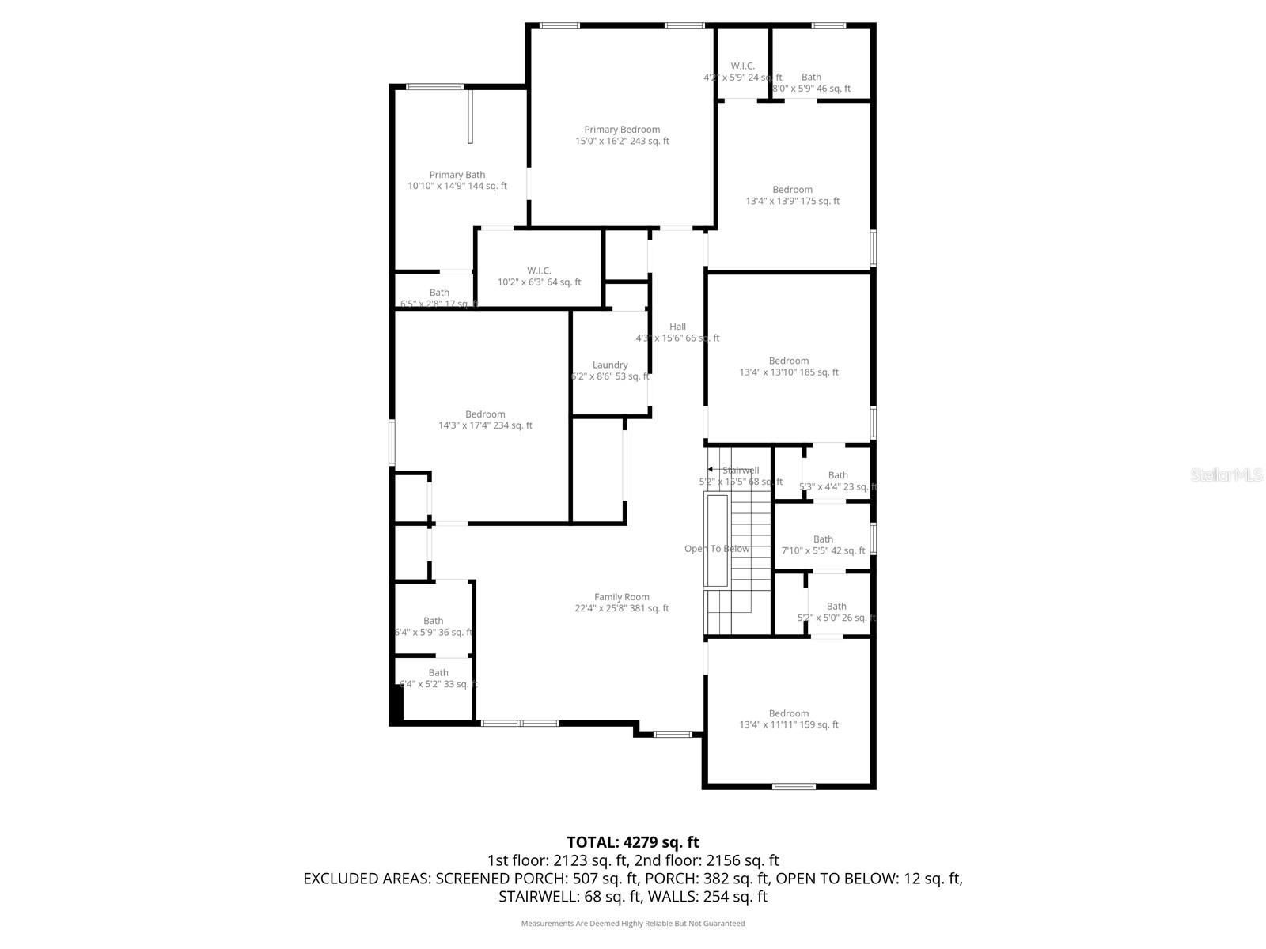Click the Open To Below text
tap(717, 549)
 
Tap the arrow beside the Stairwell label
tap(711, 470)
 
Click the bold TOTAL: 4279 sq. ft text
tap(633, 842)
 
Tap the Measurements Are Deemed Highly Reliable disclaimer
tap(633, 923)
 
